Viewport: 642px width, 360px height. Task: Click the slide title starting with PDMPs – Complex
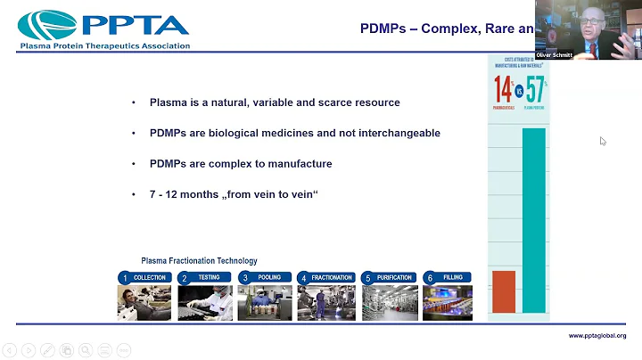pyautogui.click(x=446, y=29)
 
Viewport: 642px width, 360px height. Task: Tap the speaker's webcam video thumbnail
pyautogui.click(x=588, y=29)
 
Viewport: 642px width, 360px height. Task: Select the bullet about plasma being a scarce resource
pyautogui.click(x=274, y=102)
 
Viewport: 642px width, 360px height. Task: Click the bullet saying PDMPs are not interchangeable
pyautogui.click(x=294, y=133)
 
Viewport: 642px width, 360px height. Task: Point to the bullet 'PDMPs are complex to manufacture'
pyautogui.click(x=241, y=164)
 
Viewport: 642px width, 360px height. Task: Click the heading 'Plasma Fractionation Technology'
pyautogui.click(x=199, y=261)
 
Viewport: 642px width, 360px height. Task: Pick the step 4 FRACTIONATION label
pyautogui.click(x=325, y=277)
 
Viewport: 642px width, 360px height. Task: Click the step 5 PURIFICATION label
pyautogui.click(x=387, y=277)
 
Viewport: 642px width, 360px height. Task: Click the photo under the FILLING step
pyautogui.click(x=447, y=302)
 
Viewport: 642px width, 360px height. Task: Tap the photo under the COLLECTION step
pyautogui.click(x=144, y=302)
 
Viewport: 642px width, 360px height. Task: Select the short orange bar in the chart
pyautogui.click(x=504, y=291)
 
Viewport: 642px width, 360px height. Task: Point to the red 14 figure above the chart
pyautogui.click(x=503, y=89)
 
